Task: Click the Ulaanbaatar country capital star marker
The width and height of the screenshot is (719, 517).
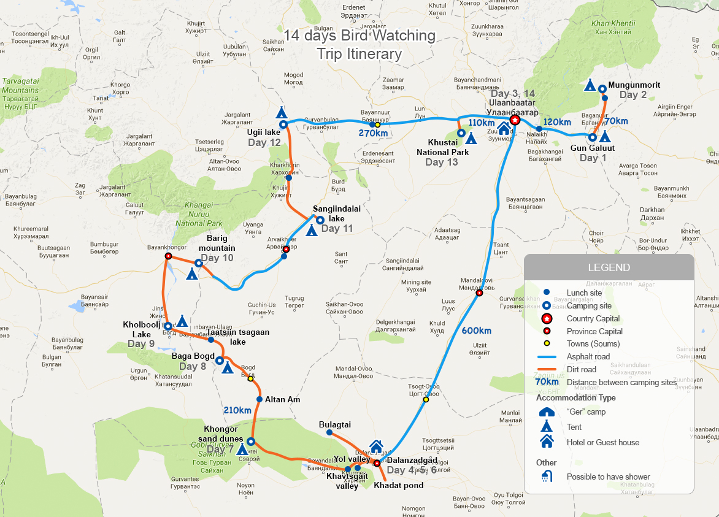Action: [x=515, y=121]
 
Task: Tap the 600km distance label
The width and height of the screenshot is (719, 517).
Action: [x=476, y=331]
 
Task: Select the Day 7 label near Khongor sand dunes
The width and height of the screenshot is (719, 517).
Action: [x=220, y=450]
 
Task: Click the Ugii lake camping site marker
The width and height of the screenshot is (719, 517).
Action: [x=283, y=124]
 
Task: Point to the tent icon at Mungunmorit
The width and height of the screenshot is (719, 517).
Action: [x=590, y=85]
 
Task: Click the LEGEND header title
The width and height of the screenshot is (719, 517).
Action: [x=609, y=267]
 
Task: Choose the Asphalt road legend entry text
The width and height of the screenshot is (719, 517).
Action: [x=588, y=356]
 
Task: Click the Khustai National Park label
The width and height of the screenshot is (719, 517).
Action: [x=442, y=148]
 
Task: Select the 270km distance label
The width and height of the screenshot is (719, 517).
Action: [x=373, y=134]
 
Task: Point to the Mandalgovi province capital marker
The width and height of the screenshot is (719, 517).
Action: [x=480, y=293]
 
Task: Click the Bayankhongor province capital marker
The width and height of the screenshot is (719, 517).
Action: [x=167, y=256]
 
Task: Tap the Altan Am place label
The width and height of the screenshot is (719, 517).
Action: [x=282, y=399]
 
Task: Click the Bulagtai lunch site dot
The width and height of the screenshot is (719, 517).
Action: [x=329, y=432]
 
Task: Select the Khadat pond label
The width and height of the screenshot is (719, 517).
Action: [x=398, y=485]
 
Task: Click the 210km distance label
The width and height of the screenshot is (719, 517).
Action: [x=237, y=410]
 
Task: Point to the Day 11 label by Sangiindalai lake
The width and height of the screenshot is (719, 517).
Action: [x=337, y=229]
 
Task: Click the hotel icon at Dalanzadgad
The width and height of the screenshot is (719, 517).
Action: [x=376, y=446]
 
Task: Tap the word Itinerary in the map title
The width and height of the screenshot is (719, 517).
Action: [x=359, y=54]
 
